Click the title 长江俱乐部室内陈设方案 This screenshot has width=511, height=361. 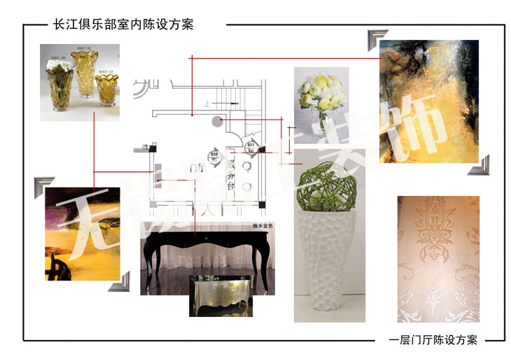(x=123, y=24)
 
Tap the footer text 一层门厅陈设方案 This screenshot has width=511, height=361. (x=433, y=341)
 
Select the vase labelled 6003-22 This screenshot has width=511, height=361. (x=106, y=89)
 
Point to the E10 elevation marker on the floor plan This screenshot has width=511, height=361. (x=214, y=155)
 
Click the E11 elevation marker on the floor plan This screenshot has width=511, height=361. (x=252, y=146)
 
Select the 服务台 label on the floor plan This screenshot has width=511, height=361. (x=230, y=171)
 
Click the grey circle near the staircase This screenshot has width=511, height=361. (x=217, y=121)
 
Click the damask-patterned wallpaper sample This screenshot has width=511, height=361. (x=438, y=259)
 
